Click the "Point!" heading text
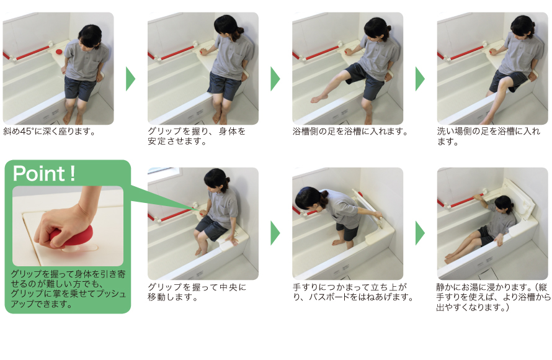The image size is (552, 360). pyautogui.click(x=45, y=174)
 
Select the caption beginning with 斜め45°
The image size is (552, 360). pyautogui.click(x=50, y=132)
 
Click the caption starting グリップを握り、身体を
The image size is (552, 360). pyautogui.click(x=197, y=136)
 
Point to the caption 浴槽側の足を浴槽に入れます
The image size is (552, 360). pyautogui.click(x=350, y=132)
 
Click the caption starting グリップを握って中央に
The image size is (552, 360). pyautogui.click(x=197, y=292)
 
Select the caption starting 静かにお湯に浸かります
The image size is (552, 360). pyautogui.click(x=493, y=297)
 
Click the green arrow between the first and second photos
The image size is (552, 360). pyautogui.click(x=130, y=78)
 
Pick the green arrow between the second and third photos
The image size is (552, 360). pyautogui.click(x=275, y=78)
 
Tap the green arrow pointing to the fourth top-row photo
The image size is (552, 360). pyautogui.click(x=420, y=78)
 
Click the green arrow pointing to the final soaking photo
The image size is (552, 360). pyautogui.click(x=420, y=232)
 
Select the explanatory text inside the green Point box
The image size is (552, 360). pyautogui.click(x=68, y=289)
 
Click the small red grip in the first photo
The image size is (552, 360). pyautogui.click(x=58, y=50)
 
